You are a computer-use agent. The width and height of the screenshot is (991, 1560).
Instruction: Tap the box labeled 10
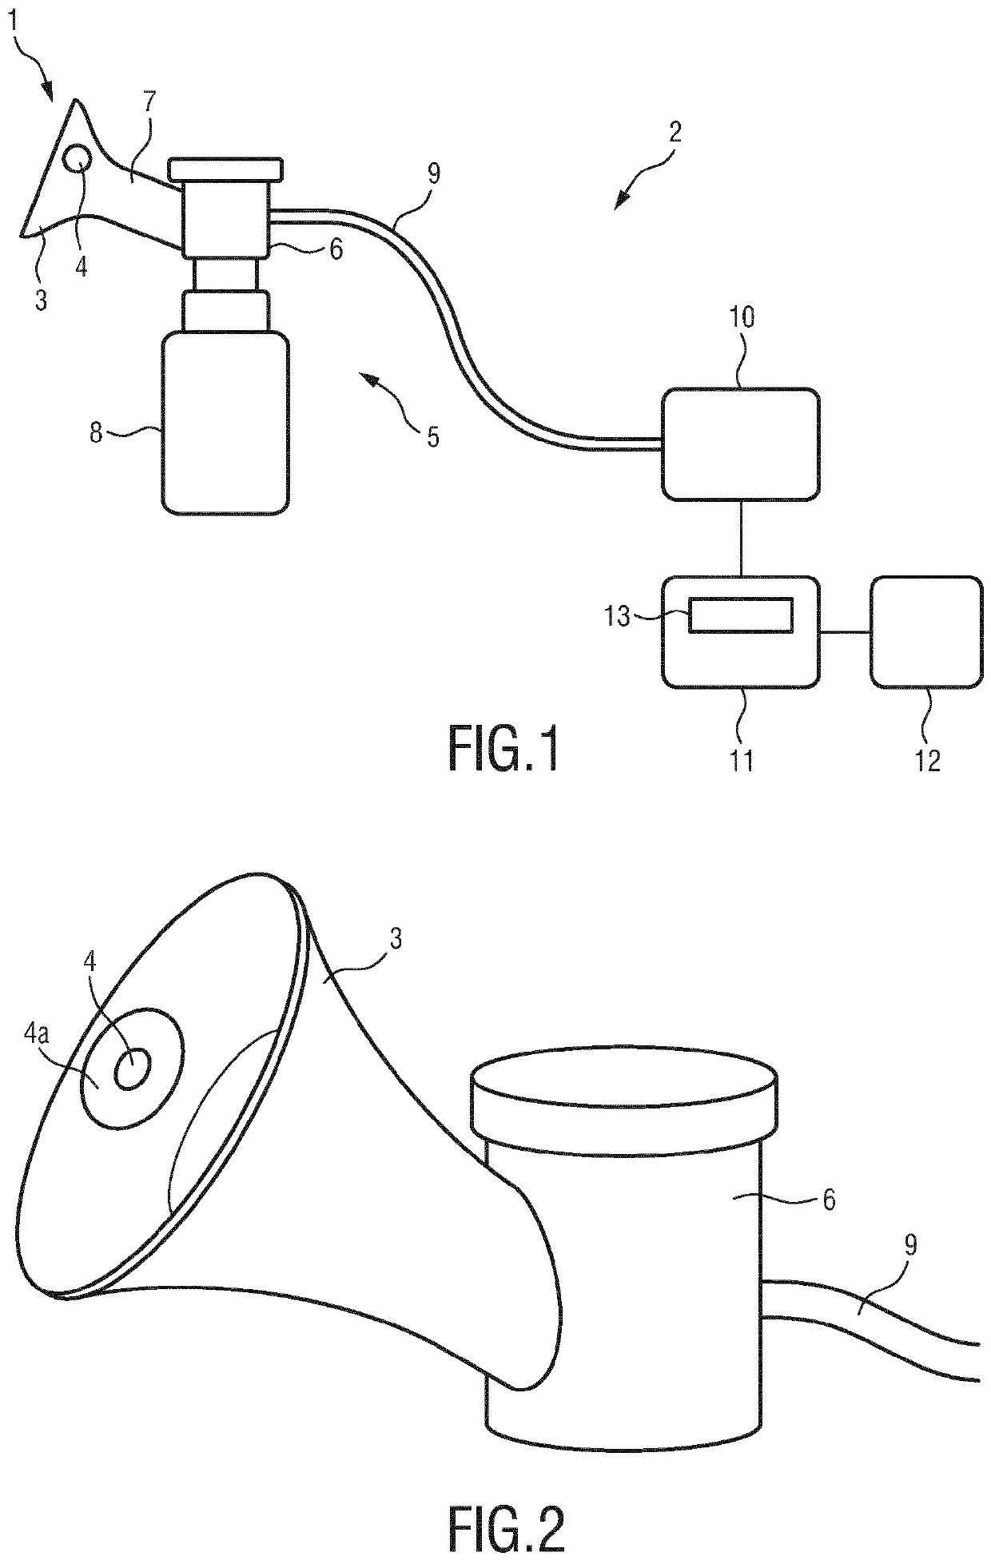pos(740,444)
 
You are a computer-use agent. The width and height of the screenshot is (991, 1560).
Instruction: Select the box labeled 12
pos(926,631)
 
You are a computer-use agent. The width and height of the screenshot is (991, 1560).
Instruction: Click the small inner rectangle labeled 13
pos(742,615)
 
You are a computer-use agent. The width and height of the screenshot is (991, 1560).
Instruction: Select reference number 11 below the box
pos(742,759)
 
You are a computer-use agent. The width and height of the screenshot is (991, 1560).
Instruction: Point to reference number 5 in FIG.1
pos(432,436)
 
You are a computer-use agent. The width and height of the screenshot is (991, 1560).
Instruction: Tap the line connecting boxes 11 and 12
pos(845,632)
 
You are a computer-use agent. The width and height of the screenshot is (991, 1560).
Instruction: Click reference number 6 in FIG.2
pos(829,1200)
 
